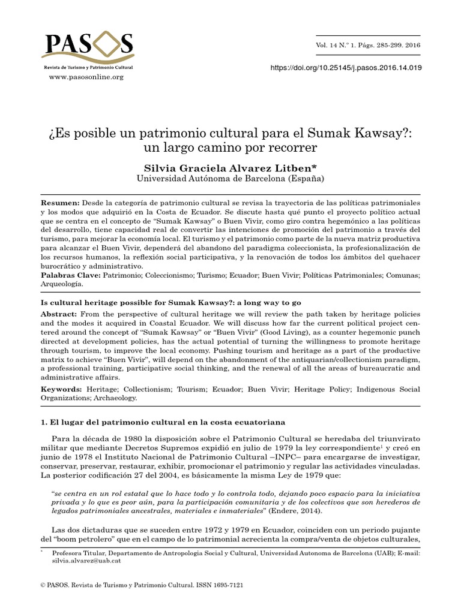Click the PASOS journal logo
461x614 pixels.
[88, 47]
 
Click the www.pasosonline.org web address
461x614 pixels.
[86, 77]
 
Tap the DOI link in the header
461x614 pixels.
[347, 68]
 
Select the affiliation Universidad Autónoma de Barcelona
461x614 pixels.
[230, 178]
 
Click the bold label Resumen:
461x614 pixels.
[59, 203]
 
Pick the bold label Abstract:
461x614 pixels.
[59, 314]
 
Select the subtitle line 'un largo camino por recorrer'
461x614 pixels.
[230, 146]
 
